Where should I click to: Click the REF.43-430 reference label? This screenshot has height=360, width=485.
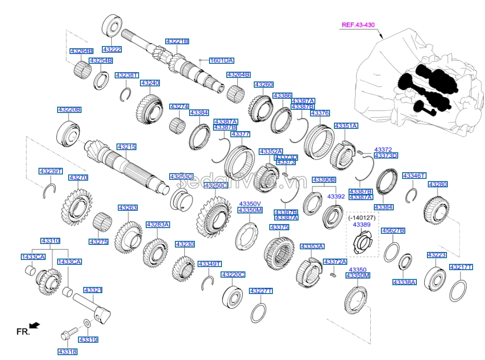(358, 25)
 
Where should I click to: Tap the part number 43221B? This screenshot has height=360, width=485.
(177, 41)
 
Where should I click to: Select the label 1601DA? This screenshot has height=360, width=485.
(221, 60)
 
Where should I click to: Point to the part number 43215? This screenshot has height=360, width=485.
(126, 147)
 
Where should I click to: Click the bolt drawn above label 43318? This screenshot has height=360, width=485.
(70, 333)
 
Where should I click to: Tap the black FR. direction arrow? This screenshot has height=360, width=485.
(35, 325)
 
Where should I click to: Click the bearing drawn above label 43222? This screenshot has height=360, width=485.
(113, 25)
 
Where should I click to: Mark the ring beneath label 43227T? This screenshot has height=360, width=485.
(259, 313)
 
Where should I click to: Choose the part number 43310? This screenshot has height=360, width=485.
(50, 241)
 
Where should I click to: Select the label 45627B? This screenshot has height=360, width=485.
(393, 231)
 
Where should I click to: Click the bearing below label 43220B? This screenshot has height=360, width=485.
(68, 132)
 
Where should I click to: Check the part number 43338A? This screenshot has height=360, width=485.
(404, 282)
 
